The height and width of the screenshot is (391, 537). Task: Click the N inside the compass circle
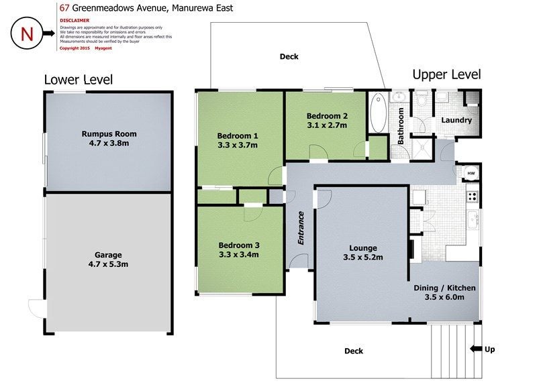(27, 34)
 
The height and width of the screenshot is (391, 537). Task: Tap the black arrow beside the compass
(48, 33)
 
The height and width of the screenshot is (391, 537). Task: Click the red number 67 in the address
(64, 8)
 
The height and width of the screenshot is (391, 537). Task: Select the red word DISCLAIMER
(75, 21)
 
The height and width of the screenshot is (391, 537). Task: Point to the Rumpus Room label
(109, 133)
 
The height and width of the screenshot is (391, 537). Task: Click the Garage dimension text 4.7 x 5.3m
(108, 264)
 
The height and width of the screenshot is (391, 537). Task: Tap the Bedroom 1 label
(238, 135)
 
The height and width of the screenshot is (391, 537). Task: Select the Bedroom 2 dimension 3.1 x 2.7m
(327, 125)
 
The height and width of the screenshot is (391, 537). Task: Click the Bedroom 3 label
(239, 245)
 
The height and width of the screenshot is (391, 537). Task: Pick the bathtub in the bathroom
(378, 113)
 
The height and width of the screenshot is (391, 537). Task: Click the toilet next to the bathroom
(422, 99)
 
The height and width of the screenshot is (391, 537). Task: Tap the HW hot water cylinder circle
(471, 174)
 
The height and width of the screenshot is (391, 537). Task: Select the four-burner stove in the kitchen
(473, 197)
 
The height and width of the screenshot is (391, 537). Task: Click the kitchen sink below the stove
(473, 219)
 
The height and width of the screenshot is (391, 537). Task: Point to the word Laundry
(456, 120)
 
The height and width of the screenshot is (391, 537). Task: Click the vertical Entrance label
(301, 228)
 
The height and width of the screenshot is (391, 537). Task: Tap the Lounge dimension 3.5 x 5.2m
(363, 258)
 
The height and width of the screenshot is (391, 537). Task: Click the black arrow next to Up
(476, 349)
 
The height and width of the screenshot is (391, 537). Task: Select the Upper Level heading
(446, 74)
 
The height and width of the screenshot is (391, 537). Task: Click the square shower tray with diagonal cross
(422, 149)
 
